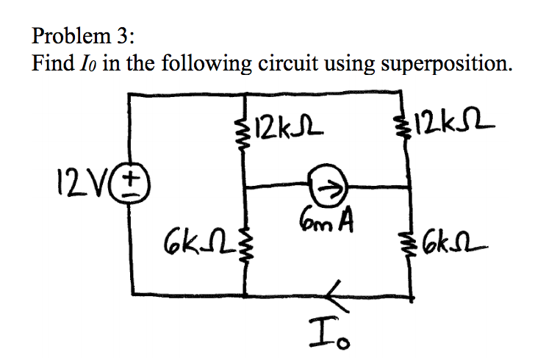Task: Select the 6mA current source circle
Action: pyautogui.click(x=327, y=188)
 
